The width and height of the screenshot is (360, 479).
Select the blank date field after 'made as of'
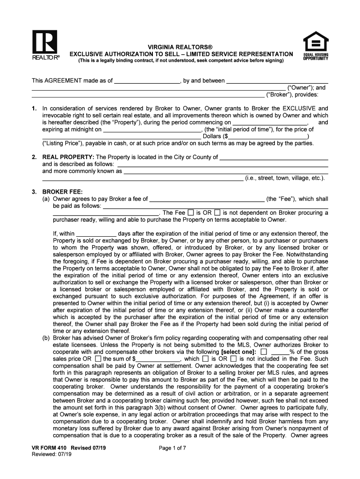pos(147,80)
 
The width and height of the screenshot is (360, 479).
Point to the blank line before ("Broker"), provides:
pos(148,94)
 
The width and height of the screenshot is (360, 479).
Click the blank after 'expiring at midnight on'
pos(151,130)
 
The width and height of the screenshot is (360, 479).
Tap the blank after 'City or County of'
pos(274,157)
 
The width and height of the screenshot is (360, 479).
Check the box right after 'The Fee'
pos(191,212)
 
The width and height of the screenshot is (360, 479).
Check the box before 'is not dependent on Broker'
pos(217,212)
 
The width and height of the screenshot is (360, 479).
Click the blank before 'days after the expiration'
pos(96,233)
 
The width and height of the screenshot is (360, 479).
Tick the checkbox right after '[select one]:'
pos(264,352)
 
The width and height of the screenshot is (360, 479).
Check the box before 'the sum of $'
pos(98,359)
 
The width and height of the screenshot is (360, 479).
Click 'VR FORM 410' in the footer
pos(46,448)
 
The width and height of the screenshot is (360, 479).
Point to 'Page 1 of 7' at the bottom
pos(173,448)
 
